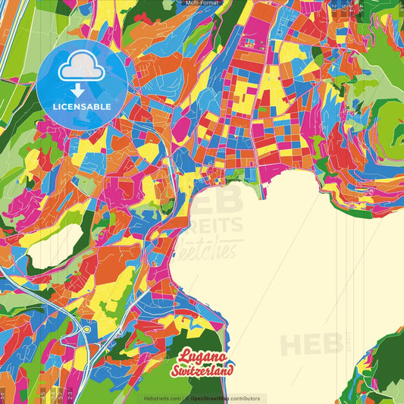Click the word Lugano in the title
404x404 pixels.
pos(203,355)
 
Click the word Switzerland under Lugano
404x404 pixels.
pos(207,369)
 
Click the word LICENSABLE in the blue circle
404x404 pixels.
pos(81,105)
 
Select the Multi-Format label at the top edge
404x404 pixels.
pos(202,3)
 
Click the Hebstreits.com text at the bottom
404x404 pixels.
pos(162,398)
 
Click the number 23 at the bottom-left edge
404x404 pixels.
pos(70,395)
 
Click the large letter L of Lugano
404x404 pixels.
pos(184,355)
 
